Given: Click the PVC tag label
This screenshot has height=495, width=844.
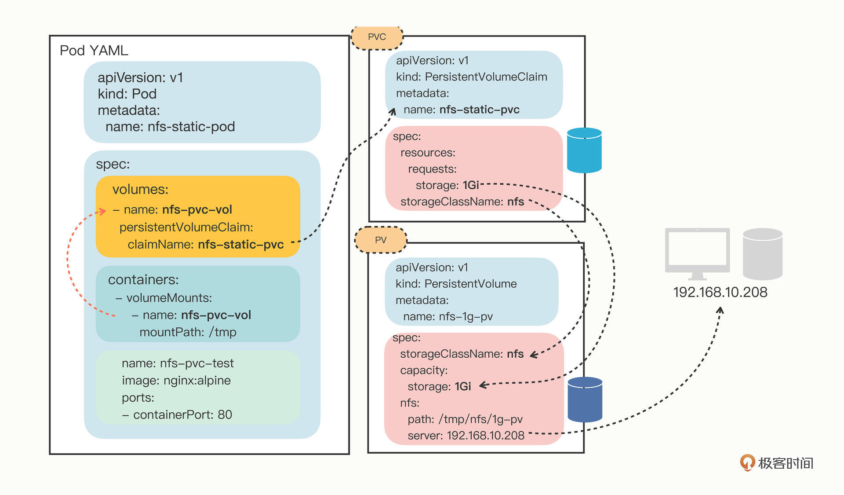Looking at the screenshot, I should [x=377, y=37].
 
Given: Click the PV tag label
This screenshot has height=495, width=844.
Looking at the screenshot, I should [x=381, y=240].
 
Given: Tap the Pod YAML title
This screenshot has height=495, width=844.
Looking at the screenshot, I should [x=94, y=51].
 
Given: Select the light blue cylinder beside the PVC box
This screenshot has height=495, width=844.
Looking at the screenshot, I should [x=584, y=150].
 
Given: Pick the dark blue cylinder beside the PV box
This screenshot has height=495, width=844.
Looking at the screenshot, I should [x=585, y=400].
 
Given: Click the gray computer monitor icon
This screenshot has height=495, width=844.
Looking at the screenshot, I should [x=697, y=253].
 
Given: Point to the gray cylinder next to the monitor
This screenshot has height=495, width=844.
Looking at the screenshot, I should [x=762, y=254].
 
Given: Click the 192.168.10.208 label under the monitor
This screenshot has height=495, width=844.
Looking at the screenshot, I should [x=720, y=292].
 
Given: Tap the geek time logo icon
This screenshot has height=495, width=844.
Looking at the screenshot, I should [x=747, y=462].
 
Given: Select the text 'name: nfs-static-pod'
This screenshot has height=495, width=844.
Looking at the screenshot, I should [x=170, y=127].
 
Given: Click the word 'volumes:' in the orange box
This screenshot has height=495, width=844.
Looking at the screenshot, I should [x=140, y=190].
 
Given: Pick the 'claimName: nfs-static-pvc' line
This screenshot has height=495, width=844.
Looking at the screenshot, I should [x=205, y=245].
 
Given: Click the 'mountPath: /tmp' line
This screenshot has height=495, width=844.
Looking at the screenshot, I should [x=188, y=332].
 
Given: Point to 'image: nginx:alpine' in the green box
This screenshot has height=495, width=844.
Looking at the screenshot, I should [x=176, y=380].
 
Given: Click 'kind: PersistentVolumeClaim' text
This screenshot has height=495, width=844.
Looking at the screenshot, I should [x=471, y=77].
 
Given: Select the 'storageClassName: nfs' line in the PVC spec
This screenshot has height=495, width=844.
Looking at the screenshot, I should [x=462, y=202].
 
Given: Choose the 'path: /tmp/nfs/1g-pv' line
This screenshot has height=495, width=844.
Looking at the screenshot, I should [x=465, y=419].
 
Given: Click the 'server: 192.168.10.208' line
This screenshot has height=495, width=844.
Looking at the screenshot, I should [x=466, y=436].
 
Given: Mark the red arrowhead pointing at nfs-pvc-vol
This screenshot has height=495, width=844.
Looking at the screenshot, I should [x=102, y=211].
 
